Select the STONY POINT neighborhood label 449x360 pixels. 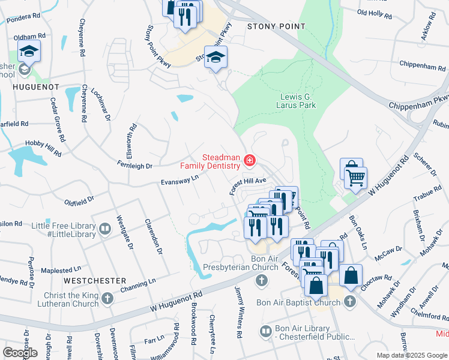pyautogui.click(x=276, y=27)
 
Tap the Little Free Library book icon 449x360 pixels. pyautogui.click(x=105, y=229)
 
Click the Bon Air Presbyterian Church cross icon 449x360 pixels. pyautogui.click(x=262, y=280)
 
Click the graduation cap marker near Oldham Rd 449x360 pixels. pyautogui.click(x=28, y=52)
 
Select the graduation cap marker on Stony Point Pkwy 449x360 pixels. pyautogui.click(x=216, y=58)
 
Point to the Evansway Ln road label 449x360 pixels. pyautogui.click(x=179, y=180)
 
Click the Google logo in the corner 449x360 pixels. pyautogui.click(x=20, y=352)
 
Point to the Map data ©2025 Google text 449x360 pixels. pyautogui.click(x=411, y=355)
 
